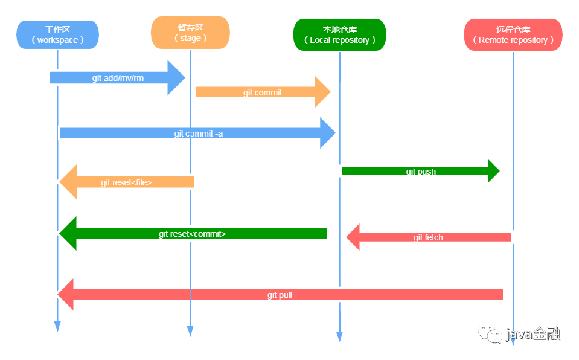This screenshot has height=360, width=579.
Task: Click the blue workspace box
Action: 57,35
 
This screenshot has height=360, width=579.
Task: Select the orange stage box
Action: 190,33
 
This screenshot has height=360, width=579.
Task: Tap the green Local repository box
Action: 340,35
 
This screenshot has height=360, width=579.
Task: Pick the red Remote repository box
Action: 513,35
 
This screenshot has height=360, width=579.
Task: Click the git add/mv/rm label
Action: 118,78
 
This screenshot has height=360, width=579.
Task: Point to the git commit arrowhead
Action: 323,92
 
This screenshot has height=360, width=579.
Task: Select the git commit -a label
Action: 198,133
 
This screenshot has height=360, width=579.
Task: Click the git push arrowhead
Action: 494,171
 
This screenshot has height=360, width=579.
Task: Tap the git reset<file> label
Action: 126,182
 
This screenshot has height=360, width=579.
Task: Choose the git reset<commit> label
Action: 193,234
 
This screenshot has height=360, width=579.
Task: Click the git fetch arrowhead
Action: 353,237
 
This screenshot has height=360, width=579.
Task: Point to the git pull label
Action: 280,295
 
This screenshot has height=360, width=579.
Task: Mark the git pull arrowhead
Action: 65,294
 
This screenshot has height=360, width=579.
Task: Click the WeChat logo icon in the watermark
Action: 490,334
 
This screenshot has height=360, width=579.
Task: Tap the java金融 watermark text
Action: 533,334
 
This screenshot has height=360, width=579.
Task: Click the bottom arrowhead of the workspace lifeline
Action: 57,326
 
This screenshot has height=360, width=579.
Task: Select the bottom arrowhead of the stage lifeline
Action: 190,331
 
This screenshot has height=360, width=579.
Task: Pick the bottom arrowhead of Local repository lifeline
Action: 339,336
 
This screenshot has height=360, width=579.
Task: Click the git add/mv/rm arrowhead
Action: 176,78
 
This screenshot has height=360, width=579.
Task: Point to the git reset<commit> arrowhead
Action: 68,234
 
